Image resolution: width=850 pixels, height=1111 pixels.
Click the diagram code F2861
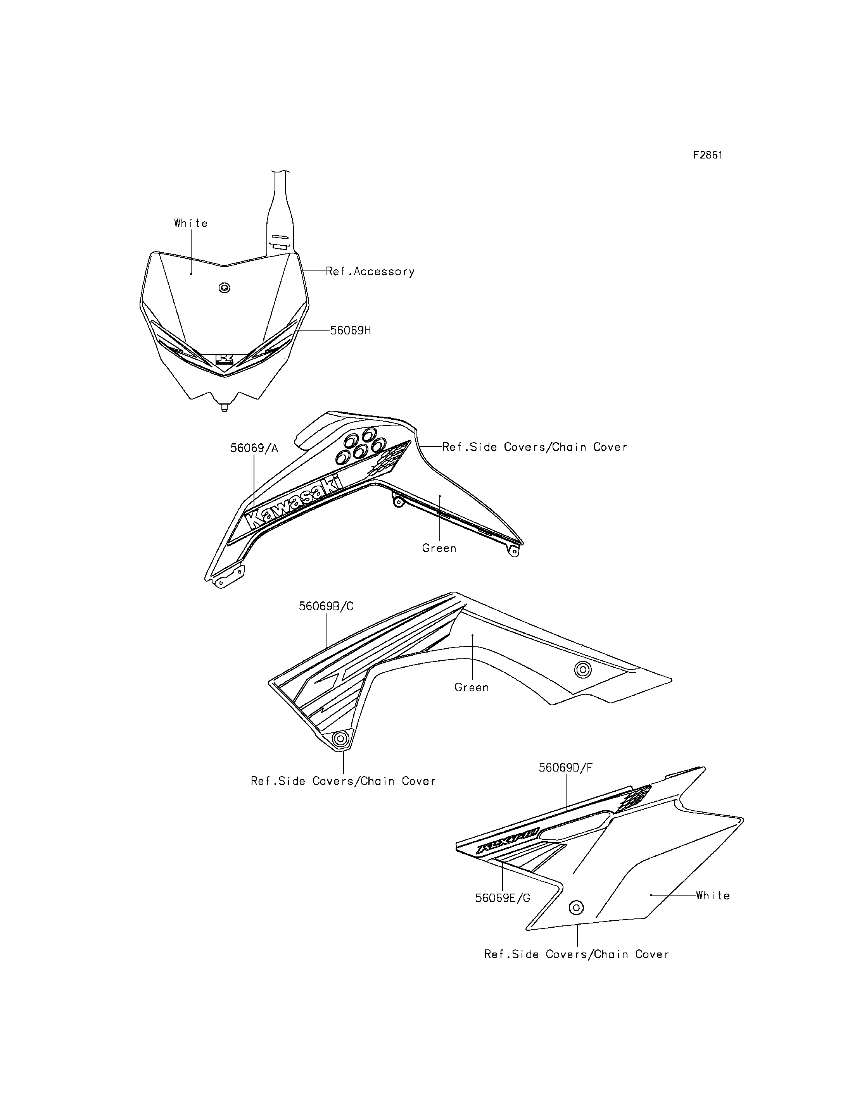pos(708,155)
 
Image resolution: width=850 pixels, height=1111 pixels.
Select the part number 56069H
pos(351,331)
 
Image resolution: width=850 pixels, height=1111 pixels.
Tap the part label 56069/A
pos(254,448)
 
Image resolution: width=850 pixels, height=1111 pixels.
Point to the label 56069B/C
pos(327,606)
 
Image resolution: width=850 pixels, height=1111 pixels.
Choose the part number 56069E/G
pos(503,898)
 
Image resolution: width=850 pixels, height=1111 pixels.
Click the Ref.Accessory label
pos(370,272)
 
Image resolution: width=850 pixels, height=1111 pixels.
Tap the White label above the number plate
pos(191,223)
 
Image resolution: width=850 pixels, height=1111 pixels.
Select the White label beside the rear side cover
pos(713,896)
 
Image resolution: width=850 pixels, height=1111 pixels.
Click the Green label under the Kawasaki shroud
pos(439,548)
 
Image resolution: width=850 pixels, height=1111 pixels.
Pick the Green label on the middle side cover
pos(472,687)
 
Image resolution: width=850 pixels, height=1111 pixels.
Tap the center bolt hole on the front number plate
pos(224,288)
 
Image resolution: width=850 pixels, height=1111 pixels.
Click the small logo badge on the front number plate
pos(224,359)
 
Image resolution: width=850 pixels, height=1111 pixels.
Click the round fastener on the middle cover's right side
pos(583,670)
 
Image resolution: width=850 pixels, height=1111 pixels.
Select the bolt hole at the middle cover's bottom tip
pos(340,739)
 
